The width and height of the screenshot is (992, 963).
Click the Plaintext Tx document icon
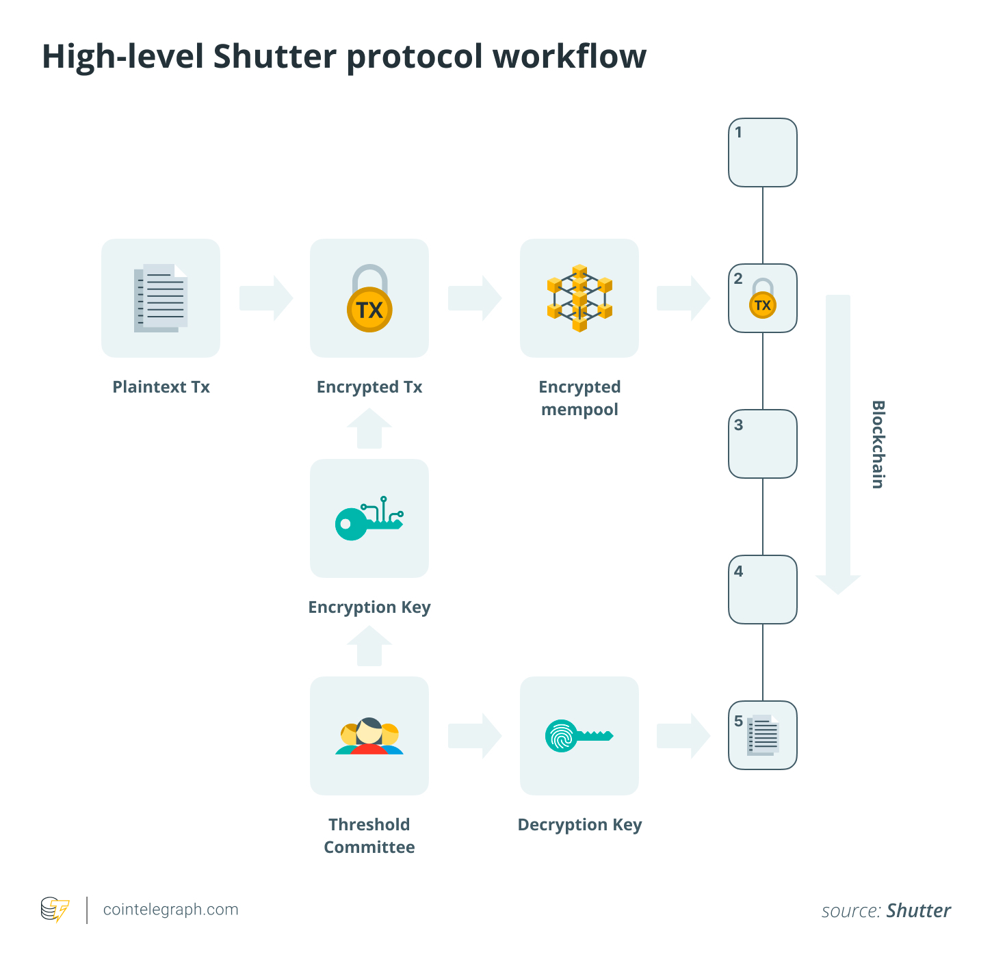tap(161, 298)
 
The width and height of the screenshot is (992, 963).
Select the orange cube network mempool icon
tap(579, 298)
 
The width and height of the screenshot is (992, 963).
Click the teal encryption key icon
tap(369, 519)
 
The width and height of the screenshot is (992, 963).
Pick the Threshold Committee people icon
tap(369, 737)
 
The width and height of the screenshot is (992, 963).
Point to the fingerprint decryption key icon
tap(579, 736)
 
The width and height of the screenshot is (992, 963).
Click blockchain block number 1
tap(762, 153)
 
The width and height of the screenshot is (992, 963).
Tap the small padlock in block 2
tap(763, 299)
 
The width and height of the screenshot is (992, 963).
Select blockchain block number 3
tap(762, 444)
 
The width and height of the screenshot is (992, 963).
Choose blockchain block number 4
tap(762, 590)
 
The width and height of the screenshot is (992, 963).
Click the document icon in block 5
tap(763, 736)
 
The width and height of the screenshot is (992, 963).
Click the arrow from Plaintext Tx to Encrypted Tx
tap(266, 298)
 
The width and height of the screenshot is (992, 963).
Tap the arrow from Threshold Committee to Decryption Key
tap(475, 736)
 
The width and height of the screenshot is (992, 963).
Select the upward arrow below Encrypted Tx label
tap(369, 429)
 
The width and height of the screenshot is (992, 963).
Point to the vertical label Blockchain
tap(878, 445)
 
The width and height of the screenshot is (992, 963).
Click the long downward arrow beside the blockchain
tap(838, 445)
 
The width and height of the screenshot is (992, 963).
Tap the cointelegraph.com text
tap(170, 910)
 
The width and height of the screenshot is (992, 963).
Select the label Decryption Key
tap(579, 825)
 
